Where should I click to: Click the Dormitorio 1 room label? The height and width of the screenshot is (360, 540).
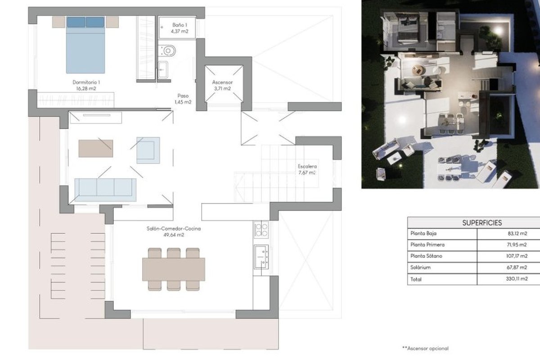86,85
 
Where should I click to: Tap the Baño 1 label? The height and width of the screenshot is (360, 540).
180,28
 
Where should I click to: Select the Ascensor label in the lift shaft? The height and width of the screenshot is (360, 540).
222,85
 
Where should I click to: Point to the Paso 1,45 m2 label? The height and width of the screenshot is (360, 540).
183,99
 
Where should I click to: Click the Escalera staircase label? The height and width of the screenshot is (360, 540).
307,169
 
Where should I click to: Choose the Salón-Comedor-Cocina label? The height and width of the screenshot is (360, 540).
174,231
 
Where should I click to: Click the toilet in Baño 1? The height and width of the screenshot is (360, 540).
169,51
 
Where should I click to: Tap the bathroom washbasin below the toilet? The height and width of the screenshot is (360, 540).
163,70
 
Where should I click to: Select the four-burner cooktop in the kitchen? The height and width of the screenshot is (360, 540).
261,230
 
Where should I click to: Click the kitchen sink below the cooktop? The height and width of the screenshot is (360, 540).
261,256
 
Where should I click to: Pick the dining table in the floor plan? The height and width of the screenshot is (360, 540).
174,270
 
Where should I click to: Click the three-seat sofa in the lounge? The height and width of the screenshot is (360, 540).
105,190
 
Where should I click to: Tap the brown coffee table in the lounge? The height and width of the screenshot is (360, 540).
96,148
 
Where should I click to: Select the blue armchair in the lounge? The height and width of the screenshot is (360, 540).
148,150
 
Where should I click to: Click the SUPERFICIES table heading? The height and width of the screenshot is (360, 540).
482,223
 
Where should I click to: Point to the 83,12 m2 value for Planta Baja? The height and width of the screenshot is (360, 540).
517,234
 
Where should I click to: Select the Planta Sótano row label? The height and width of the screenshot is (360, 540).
426,256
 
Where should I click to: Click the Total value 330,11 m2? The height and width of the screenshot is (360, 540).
517,279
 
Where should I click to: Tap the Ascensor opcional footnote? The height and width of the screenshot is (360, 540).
426,348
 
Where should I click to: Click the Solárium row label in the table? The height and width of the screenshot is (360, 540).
420,267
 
